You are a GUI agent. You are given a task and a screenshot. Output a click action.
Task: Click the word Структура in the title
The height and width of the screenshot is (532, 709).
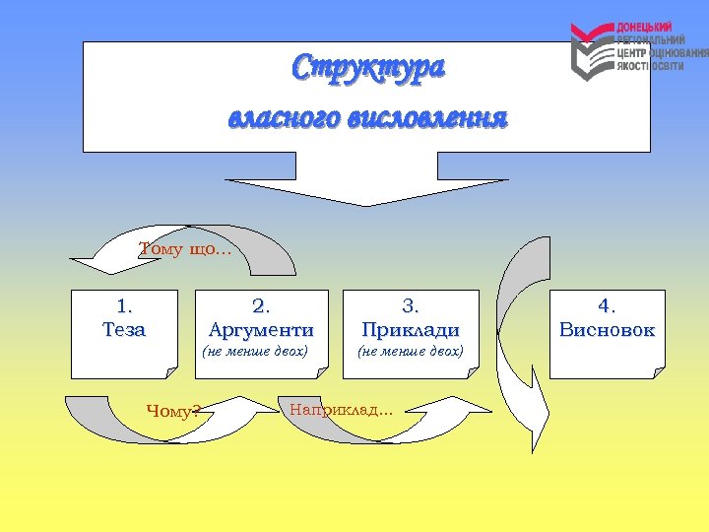coord(368,69)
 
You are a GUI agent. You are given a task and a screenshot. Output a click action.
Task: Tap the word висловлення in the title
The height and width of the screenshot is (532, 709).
coord(430,119)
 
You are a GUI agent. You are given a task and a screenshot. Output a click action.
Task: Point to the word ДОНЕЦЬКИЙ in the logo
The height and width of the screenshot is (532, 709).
coord(645,26)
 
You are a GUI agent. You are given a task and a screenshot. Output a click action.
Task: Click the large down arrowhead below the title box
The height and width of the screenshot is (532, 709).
coord(366,192)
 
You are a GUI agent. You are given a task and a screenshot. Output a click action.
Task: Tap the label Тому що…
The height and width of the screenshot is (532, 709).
coord(185,249)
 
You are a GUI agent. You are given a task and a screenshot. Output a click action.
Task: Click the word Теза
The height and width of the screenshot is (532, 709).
coord(124,330)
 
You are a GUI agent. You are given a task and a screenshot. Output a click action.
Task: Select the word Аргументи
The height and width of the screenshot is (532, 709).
coord(262,330)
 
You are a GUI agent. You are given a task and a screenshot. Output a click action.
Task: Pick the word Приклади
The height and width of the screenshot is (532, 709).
coord(410,330)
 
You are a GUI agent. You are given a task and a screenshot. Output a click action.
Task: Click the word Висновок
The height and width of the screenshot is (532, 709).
coord(607,330)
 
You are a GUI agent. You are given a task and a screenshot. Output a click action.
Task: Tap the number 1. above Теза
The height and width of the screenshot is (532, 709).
coord(124,306)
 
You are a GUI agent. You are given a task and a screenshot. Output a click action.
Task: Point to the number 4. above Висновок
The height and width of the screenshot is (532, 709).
coord(607,306)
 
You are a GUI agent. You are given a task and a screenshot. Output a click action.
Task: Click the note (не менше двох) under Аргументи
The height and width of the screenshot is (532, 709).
coord(255,351)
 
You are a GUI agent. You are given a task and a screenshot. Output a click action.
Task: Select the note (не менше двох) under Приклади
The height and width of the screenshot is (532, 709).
coord(410,351)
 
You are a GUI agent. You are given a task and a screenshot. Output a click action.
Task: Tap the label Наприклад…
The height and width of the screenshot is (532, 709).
coord(341,409)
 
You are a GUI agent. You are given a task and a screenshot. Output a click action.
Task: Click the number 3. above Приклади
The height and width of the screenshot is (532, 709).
coord(410,306)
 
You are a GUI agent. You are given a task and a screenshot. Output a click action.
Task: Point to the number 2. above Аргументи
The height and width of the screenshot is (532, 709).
coord(262,306)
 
